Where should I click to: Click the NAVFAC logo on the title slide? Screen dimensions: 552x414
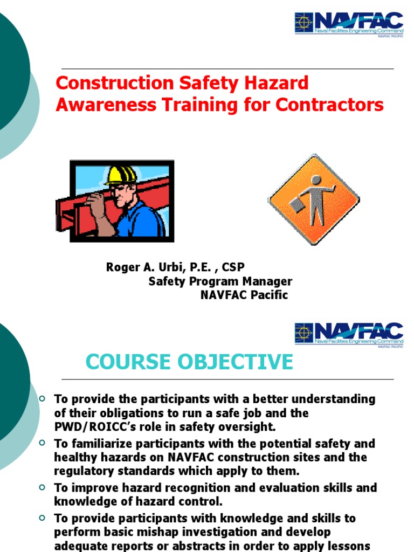[349, 23]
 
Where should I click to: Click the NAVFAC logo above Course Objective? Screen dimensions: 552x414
[349, 334]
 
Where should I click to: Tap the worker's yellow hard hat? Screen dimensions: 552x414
[121, 176]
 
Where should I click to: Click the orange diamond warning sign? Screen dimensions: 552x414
[314, 199]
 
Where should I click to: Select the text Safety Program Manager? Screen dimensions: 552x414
[220, 281]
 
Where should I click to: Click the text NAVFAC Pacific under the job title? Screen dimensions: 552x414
[244, 295]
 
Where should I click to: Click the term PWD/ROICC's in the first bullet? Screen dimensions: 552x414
[89, 427]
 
